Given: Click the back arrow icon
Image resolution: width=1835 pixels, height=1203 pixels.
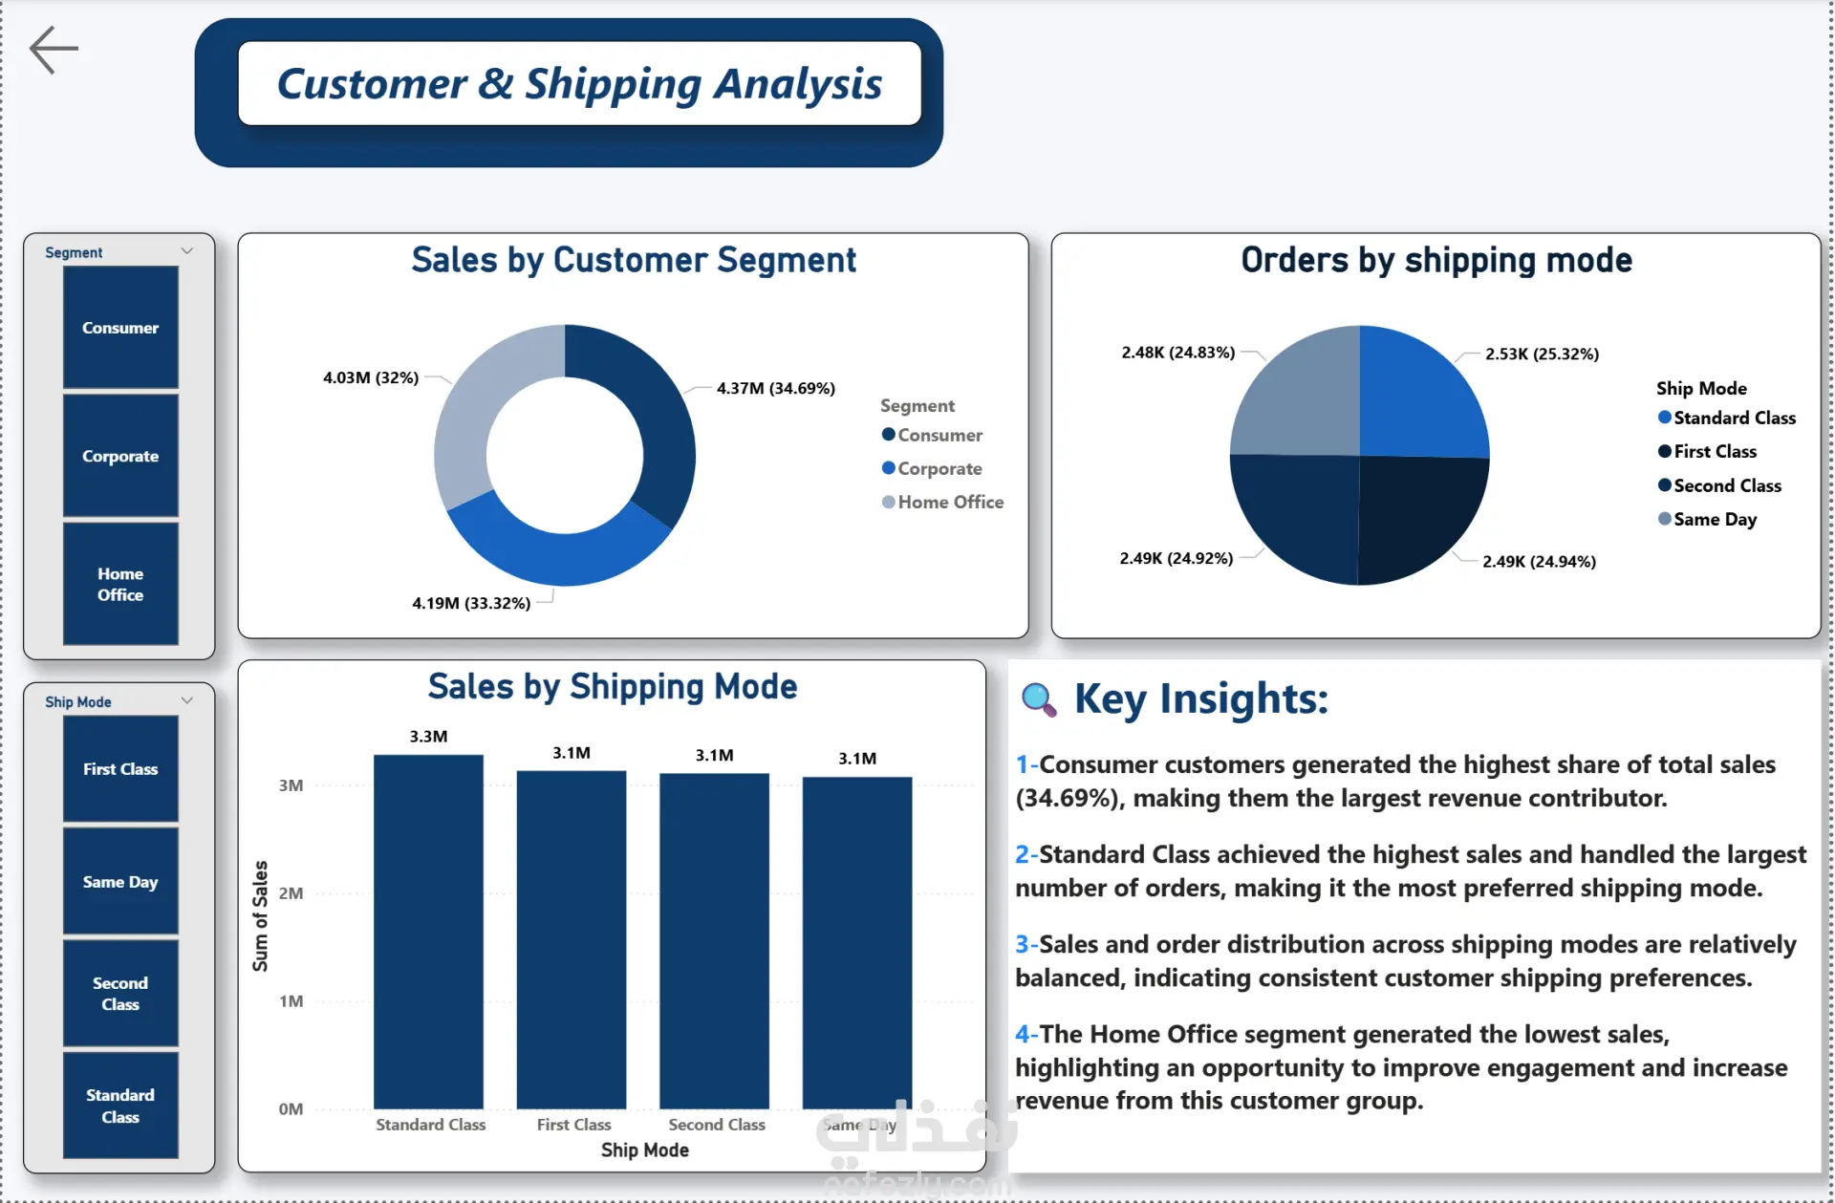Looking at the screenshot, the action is click(54, 50).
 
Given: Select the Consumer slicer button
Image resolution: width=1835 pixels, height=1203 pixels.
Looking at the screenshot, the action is click(120, 328).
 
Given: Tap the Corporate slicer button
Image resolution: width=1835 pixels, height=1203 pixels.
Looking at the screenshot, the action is click(120, 456).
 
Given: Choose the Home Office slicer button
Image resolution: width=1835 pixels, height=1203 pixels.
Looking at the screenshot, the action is click(120, 584).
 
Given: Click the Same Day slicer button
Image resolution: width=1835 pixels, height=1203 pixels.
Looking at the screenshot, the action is click(120, 881).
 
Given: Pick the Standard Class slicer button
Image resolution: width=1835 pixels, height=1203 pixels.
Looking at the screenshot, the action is click(120, 1106).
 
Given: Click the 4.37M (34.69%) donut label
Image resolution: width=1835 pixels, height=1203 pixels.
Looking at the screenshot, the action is click(776, 388).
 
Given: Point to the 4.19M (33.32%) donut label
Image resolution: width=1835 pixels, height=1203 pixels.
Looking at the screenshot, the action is click(471, 603).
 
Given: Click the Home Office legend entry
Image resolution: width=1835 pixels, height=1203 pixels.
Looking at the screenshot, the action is click(942, 502).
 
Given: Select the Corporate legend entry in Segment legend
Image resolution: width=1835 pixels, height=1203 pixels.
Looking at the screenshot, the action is click(932, 468).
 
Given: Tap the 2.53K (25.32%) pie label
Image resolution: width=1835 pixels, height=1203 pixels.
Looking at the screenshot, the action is click(1542, 354).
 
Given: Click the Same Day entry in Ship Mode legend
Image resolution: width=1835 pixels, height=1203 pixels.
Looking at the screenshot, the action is click(1707, 519).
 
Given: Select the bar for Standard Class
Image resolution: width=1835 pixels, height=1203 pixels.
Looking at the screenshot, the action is click(428, 932).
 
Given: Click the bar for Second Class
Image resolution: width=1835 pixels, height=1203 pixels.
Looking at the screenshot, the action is click(714, 941).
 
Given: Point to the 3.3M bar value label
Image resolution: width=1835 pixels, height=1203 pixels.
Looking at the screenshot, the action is click(428, 737).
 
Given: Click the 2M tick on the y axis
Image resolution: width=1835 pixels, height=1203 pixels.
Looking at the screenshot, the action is click(291, 893).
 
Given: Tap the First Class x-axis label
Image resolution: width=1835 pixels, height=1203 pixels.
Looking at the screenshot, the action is click(573, 1125).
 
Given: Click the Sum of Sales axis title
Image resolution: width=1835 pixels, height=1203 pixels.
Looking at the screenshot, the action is click(260, 916).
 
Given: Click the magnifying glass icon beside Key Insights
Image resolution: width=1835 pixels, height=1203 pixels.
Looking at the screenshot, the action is click(1039, 699).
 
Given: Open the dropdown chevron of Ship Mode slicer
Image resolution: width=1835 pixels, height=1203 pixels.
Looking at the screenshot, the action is click(187, 700).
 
